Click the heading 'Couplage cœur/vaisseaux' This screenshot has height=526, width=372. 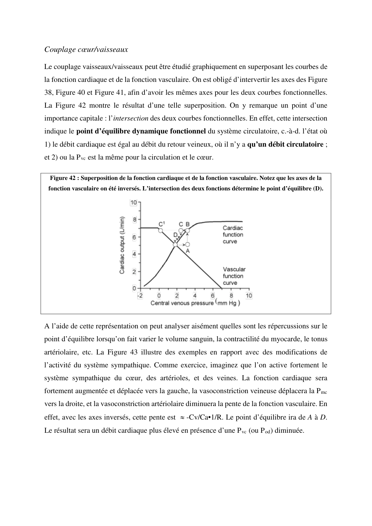tap(86, 49)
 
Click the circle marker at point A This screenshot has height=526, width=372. tap(188, 245)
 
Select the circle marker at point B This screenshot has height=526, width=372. tap(188, 231)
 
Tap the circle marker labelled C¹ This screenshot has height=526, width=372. tap(161, 231)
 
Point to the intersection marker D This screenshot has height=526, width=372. tap(175, 245)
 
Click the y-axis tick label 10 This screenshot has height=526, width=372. tap(133, 203)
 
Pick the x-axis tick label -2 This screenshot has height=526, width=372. tap(140, 296)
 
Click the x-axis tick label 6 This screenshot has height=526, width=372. tap(213, 296)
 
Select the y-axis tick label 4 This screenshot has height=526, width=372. tap(135, 254)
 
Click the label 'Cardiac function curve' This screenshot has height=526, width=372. tap(233, 235)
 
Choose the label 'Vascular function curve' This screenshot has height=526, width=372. tap(234, 276)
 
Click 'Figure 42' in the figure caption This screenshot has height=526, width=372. tap(63, 178)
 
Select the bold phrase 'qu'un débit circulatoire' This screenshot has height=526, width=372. tap(285, 145)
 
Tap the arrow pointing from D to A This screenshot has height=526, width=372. tap(182, 245)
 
